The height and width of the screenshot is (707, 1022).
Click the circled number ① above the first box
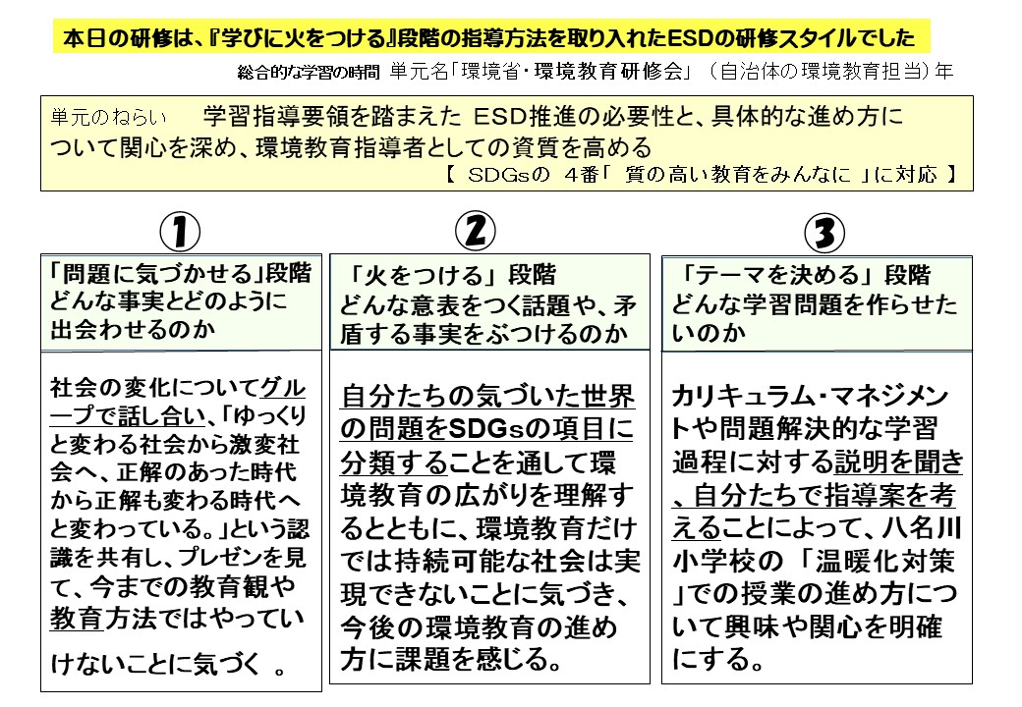pyautogui.click(x=180, y=233)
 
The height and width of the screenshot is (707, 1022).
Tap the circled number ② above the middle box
pyautogui.click(x=475, y=231)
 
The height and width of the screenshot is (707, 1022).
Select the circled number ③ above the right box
pyautogui.click(x=824, y=233)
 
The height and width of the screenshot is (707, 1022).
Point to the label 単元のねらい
pyautogui.click(x=108, y=117)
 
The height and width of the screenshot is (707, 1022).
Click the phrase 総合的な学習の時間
pyautogui.click(x=309, y=73)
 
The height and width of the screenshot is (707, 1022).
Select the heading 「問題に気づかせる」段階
pyautogui.click(x=181, y=274)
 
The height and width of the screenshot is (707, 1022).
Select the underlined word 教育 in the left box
pyautogui.click(x=77, y=619)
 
